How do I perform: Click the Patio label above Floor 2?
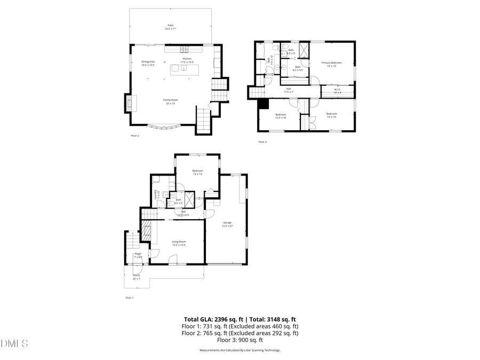(x=171, y=27)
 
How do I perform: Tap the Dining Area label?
(x=148, y=63)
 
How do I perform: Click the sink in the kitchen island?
(x=177, y=68)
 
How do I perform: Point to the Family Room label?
(x=171, y=101)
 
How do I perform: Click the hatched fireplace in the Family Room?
(x=128, y=102)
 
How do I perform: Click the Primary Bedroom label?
(x=331, y=65)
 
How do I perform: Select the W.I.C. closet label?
(x=337, y=91)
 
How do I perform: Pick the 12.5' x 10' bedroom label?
(x=281, y=116)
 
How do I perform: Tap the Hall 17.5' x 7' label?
(x=289, y=90)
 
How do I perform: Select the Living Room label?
(x=179, y=243)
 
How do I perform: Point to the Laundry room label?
(x=156, y=195)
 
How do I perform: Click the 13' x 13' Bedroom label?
(x=197, y=172)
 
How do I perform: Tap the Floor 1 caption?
(x=130, y=298)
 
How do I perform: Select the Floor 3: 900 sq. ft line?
(x=239, y=340)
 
